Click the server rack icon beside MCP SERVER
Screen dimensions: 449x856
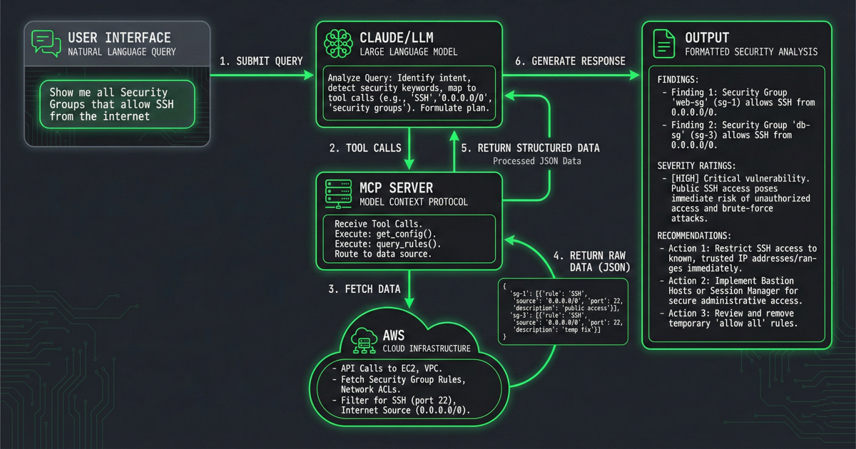pos(339,193)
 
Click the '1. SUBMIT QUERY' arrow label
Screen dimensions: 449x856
pos(261,61)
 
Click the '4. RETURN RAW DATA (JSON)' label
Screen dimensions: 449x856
pos(590,262)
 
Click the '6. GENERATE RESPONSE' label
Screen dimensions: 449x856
pos(570,61)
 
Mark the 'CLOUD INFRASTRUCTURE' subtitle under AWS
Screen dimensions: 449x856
pos(427,349)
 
